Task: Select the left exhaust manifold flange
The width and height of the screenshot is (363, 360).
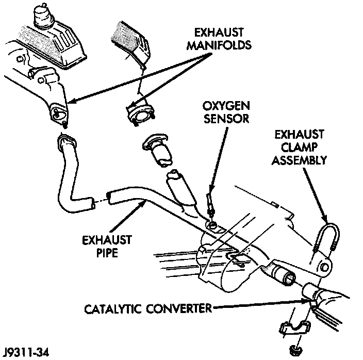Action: [x=58, y=111]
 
